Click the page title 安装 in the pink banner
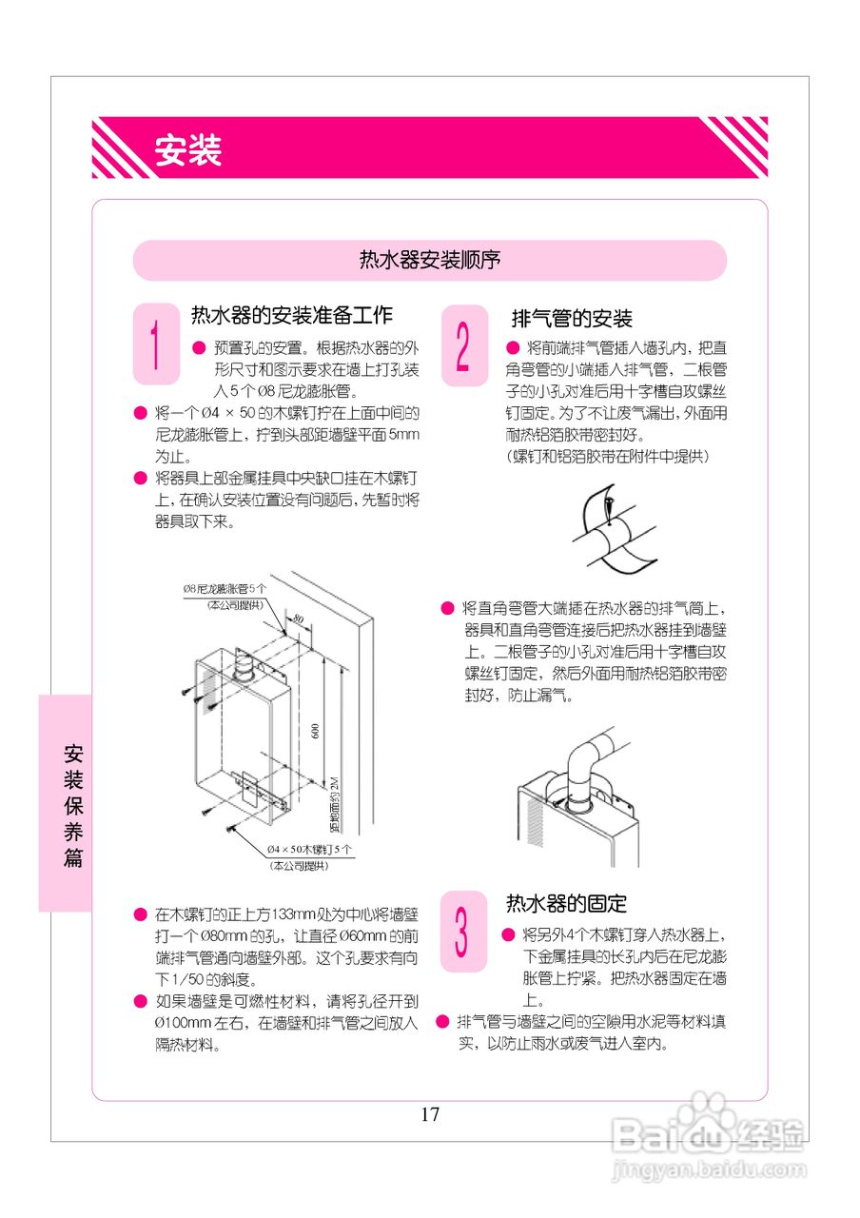point(188,150)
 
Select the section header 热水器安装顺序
point(430,260)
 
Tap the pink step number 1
point(156,344)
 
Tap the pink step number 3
point(463,932)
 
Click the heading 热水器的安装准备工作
point(292,315)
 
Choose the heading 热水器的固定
point(566,903)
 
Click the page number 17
point(430,1114)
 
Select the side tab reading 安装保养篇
point(73,805)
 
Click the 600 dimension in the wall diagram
point(315,731)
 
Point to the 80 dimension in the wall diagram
point(299,619)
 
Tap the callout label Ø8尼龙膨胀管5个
point(225,589)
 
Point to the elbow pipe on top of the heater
point(588,761)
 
